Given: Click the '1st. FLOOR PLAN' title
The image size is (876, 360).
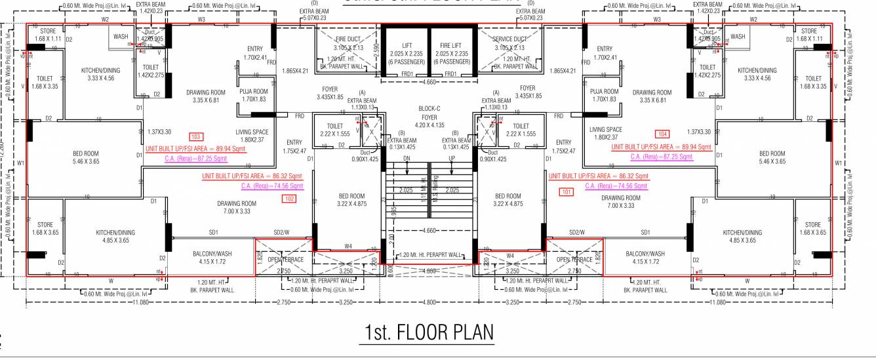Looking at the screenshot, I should point(429,332).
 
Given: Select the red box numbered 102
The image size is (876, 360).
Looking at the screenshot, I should point(289,199).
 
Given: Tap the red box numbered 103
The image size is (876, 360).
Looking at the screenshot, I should point(195,136).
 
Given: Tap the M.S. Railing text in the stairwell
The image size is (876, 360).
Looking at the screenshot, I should point(435,191).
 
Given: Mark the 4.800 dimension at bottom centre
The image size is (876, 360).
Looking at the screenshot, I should point(429,302).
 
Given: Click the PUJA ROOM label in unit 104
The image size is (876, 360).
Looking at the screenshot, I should point(604,95).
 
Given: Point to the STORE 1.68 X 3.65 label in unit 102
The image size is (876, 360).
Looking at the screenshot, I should point(45,229).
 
